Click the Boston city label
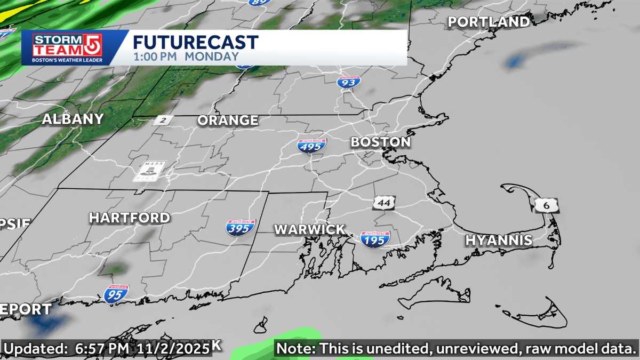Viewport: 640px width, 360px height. [x=380, y=142]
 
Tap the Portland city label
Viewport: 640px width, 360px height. [x=488, y=22]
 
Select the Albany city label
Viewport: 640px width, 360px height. [x=73, y=119]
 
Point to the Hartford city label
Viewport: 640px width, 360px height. [x=129, y=218]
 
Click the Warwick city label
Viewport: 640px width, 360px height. [x=309, y=229]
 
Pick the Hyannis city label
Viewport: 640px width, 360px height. [x=499, y=240]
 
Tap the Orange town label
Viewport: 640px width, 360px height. [x=228, y=121]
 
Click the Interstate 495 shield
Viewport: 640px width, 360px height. [x=312, y=146]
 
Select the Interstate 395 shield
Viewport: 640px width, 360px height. [x=241, y=228]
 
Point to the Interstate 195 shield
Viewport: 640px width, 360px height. [x=375, y=239]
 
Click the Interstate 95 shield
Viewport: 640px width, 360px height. [x=116, y=294]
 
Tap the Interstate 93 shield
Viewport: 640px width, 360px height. [x=349, y=82]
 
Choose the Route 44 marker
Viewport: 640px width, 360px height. [x=384, y=203]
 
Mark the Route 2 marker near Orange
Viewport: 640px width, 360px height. [x=162, y=121]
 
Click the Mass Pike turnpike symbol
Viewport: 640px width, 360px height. [x=149, y=171]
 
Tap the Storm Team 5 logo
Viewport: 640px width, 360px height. [x=67, y=48]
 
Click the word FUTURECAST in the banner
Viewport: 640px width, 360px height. [x=195, y=42]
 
